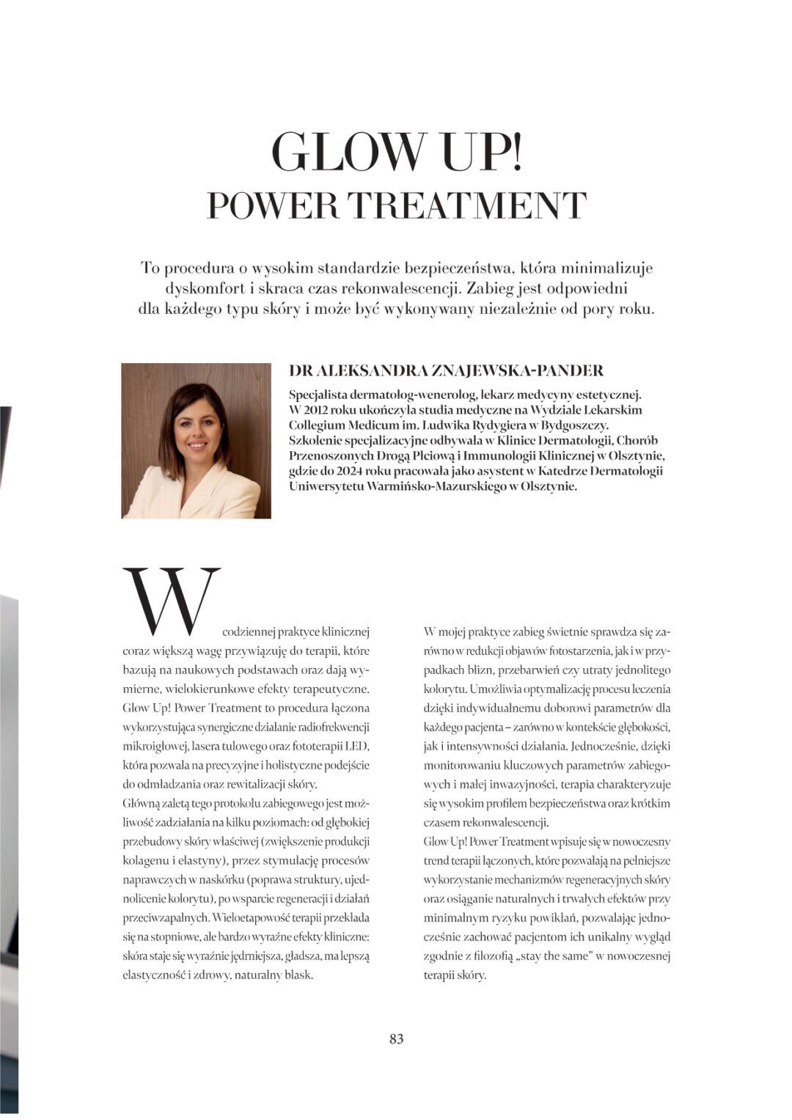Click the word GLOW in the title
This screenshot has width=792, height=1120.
click(340, 151)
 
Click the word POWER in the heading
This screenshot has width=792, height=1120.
click(273, 205)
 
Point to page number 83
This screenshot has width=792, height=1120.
click(396, 1039)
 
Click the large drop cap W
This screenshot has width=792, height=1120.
click(172, 601)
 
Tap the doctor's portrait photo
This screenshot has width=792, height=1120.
click(196, 441)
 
